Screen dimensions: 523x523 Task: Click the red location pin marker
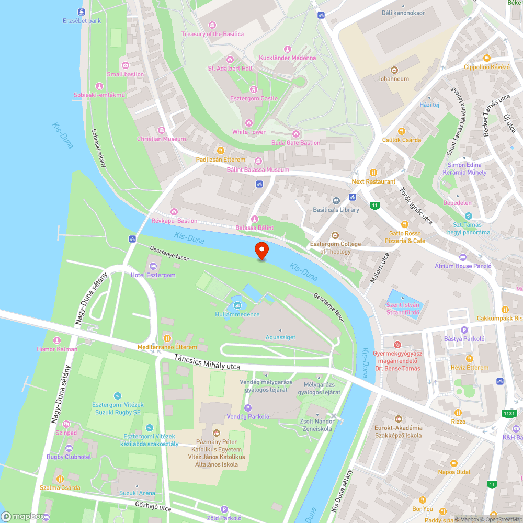[261, 251]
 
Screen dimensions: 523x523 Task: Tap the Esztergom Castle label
[254, 98]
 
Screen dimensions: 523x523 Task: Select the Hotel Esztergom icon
[153, 266]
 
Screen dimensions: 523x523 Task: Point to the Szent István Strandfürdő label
[402, 309]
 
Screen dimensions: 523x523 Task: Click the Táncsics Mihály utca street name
[208, 362]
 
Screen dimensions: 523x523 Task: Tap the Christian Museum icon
[162, 130]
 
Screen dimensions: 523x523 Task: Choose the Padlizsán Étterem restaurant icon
[220, 151]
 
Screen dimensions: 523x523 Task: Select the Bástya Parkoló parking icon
[464, 330]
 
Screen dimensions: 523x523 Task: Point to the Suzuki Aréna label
[137, 493]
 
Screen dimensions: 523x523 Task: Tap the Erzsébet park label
[81, 21]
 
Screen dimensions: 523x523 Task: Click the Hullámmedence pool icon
[237, 305]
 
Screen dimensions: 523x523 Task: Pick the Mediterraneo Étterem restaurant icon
[167, 338]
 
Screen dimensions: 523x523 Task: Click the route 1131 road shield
[508, 414]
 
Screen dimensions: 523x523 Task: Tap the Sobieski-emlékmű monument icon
[99, 86]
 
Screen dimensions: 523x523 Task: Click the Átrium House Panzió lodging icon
[463, 257]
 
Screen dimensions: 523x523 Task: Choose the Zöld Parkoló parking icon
[224, 509]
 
